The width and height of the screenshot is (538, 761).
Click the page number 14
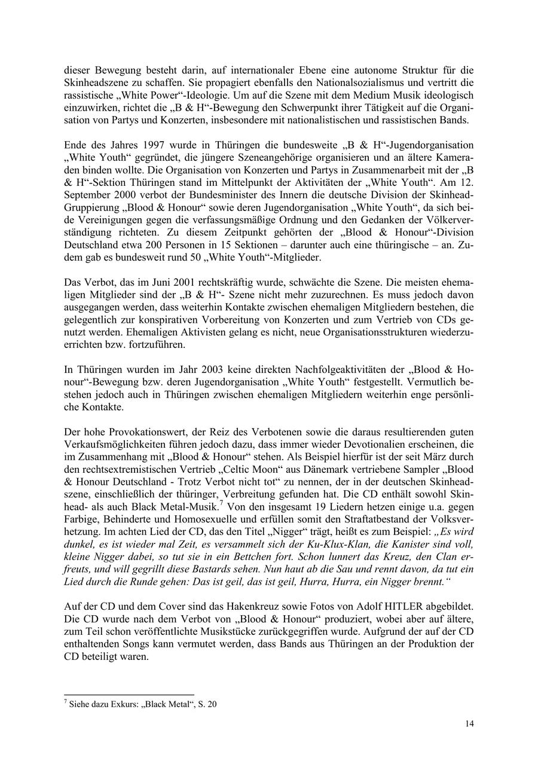[470, 724]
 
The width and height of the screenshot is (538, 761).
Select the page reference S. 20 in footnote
[206, 704]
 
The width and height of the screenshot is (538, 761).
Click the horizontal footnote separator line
[130, 695]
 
